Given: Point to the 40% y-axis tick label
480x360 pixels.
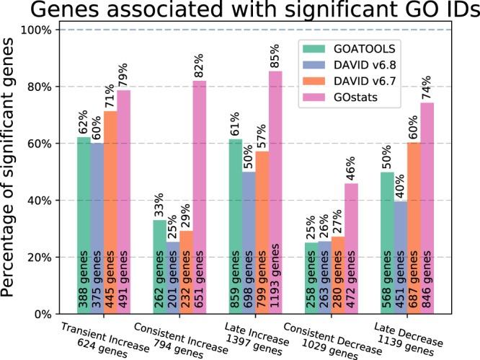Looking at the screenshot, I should pos(46,201).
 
